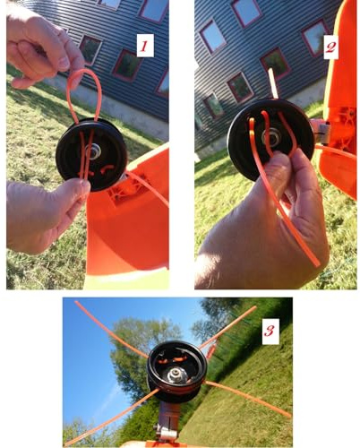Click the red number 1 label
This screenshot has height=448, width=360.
[145, 46]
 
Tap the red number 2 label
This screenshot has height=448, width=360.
[330, 47]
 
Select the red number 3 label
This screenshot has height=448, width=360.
[270, 331]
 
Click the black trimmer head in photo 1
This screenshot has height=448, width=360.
[91, 154]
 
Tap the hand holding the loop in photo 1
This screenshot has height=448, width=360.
[42, 47]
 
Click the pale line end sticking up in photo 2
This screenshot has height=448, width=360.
[273, 83]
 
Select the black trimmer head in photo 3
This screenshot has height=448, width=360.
[177, 372]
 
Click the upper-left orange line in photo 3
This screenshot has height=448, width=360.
[111, 329]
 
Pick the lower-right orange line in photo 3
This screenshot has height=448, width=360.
[247, 398]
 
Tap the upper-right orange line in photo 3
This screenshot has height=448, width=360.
[228, 327]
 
